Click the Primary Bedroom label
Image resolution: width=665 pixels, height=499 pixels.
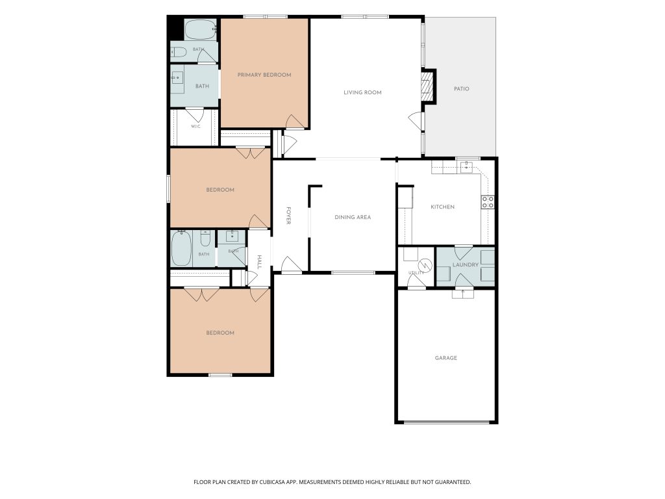[264, 75]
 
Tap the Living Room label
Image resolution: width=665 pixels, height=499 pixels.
[362, 92]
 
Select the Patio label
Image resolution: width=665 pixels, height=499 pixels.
[462, 89]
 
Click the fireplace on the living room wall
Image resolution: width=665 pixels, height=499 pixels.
[428, 86]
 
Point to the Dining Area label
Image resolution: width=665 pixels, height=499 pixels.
[353, 217]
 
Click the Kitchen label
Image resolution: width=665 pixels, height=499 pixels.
[442, 207]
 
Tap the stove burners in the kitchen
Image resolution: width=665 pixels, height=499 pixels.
[488, 202]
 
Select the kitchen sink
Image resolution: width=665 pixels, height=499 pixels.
[466, 167]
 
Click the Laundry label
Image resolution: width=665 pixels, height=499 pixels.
[465, 265]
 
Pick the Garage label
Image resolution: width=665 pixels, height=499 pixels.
[446, 358]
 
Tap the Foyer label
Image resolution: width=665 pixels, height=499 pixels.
[288, 216]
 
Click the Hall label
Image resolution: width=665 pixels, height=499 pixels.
[260, 262]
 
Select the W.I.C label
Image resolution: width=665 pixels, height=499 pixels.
[195, 127]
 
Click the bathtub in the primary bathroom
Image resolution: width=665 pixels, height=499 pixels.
[200, 29]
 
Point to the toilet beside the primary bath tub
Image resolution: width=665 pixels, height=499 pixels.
[179, 52]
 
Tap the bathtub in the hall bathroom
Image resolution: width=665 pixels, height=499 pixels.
[182, 249]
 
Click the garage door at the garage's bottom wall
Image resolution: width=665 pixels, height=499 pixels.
[446, 422]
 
